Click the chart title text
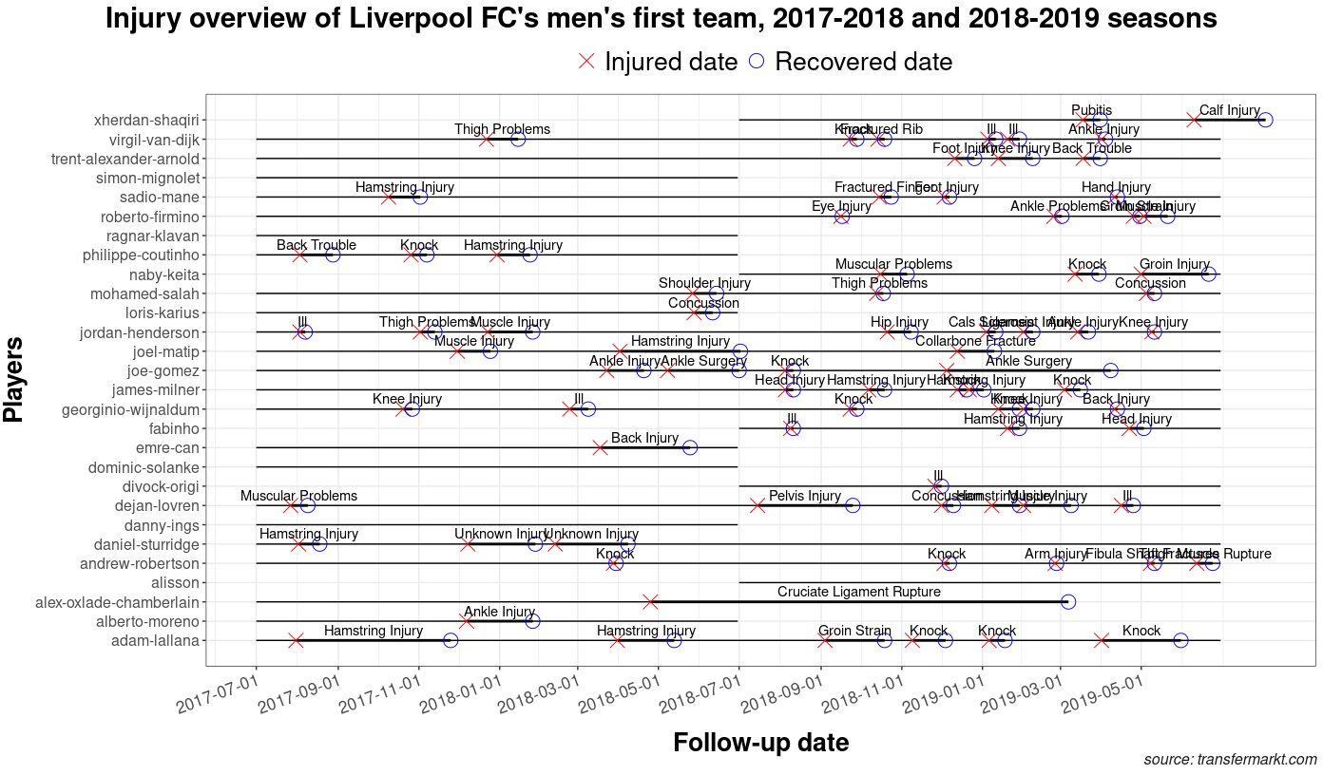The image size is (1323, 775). [x=661, y=19]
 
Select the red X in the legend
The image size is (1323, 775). [x=587, y=61]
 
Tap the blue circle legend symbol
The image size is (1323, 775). [x=757, y=61]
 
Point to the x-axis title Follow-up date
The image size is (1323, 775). [x=760, y=742]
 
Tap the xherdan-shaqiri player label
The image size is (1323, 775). [x=146, y=121]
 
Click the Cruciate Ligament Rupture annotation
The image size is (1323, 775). [x=858, y=592]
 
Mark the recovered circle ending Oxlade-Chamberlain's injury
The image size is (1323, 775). [x=1067, y=602]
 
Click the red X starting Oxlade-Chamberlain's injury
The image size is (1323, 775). [x=650, y=602]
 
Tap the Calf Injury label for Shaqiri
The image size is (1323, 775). [x=1229, y=110]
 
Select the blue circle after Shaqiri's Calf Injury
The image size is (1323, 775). [x=1265, y=120]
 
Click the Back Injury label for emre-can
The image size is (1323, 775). [x=644, y=438]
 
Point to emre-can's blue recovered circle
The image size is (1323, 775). [x=690, y=447]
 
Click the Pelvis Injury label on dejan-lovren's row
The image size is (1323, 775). [x=804, y=496]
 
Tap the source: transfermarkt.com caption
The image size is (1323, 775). [x=1230, y=760]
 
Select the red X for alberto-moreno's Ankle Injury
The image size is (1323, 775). [x=467, y=621]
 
